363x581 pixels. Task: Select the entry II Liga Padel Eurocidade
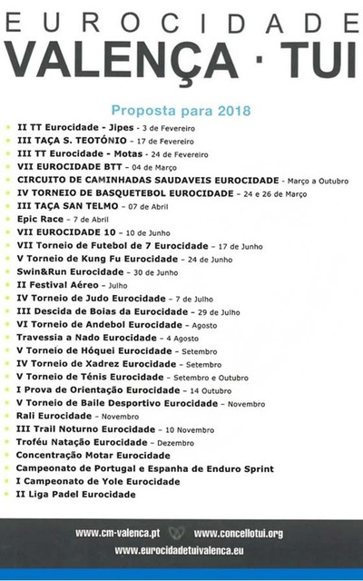click(76, 494)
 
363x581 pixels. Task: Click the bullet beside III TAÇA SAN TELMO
click(8, 207)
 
